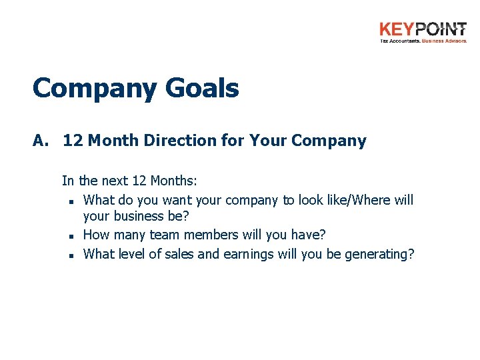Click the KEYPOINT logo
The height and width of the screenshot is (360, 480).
[x=423, y=30]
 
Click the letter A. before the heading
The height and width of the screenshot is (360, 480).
[x=42, y=141]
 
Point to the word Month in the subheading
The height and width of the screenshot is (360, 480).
[x=110, y=141]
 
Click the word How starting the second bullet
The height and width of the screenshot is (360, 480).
[x=97, y=235]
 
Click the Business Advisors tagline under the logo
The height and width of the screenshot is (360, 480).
[x=444, y=41]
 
